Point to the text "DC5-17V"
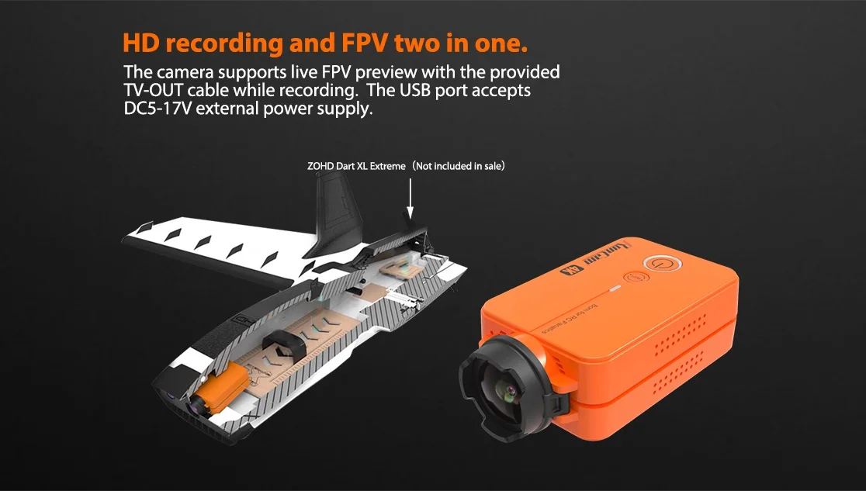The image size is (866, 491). point(158,109)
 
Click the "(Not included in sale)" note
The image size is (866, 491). point(459,165)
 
